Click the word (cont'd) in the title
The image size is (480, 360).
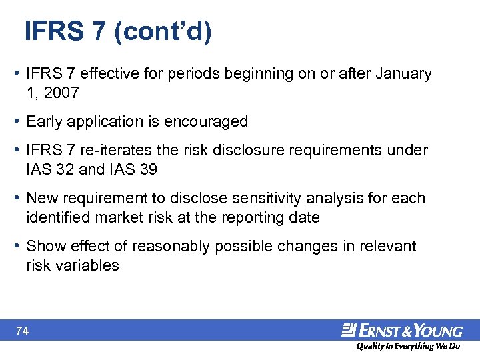163,32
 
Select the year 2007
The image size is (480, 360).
61,93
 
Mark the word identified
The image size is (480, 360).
57,217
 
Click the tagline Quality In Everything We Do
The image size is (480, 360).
408,346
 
